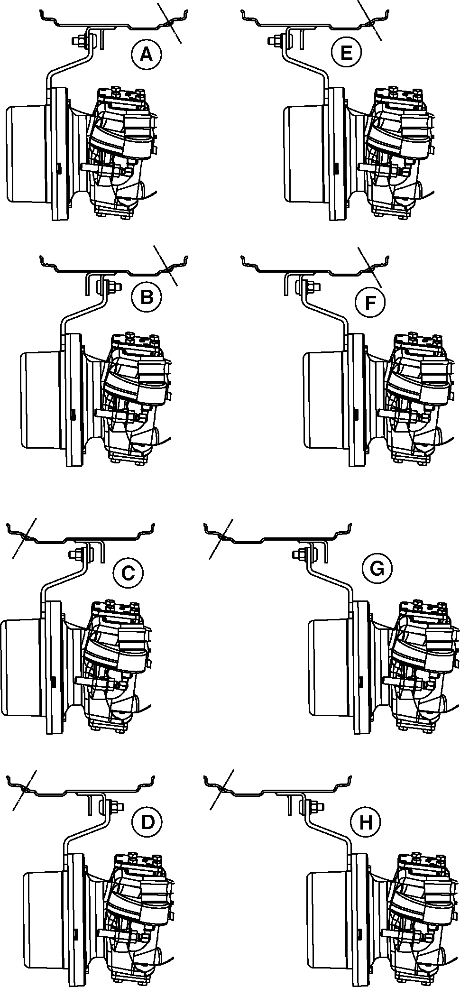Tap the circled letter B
[x=147, y=297]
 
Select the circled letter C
[x=128, y=573]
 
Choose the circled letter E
[x=346, y=52]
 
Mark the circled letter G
[x=377, y=567]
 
